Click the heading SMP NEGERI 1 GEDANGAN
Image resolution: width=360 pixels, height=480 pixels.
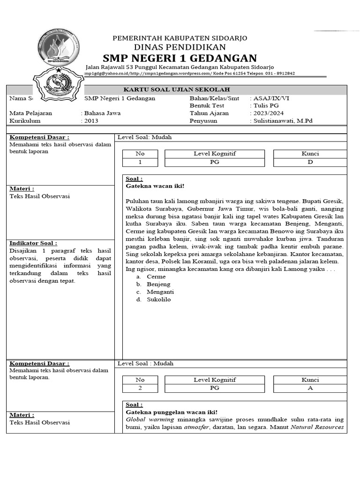click(180, 58)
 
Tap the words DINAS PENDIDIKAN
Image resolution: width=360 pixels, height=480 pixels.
click(180, 47)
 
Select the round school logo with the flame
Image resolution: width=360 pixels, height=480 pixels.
click(59, 47)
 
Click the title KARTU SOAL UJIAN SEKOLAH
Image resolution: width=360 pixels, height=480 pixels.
click(176, 90)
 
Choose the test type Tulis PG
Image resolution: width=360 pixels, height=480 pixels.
click(266, 105)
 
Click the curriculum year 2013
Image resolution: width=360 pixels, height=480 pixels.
click(91, 120)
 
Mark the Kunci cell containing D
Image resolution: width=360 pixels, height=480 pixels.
click(310, 162)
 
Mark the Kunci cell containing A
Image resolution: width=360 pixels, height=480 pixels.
click(310, 388)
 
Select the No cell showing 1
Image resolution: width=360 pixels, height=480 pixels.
click(140, 162)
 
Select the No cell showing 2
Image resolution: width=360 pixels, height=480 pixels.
click(140, 388)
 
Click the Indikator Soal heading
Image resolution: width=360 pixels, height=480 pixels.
click(33, 243)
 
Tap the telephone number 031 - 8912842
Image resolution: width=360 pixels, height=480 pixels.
click(280, 74)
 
